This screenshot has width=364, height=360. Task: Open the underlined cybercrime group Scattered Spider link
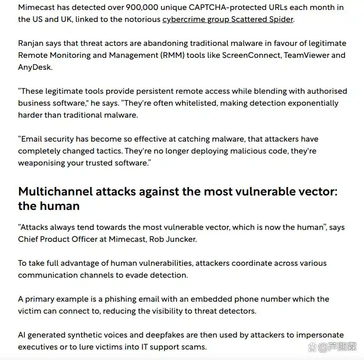(x=228, y=19)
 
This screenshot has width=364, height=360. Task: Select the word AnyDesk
(x=34, y=66)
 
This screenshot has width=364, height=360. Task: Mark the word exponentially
(x=311, y=103)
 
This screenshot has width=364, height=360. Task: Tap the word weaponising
(x=42, y=163)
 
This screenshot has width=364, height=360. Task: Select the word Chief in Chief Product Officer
(x=28, y=239)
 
